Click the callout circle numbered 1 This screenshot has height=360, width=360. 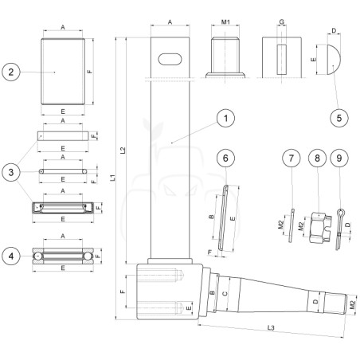(225, 118)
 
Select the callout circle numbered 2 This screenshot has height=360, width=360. (11, 72)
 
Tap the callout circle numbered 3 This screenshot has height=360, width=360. (11, 172)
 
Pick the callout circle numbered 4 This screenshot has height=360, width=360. (11, 256)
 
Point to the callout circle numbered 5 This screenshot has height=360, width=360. (339, 118)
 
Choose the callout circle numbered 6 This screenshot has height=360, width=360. (225, 158)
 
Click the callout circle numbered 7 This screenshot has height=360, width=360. (292, 158)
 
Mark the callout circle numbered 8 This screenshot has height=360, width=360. (317, 158)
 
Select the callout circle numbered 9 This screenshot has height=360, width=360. (339, 158)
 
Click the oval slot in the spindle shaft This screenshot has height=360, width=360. (170, 59)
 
